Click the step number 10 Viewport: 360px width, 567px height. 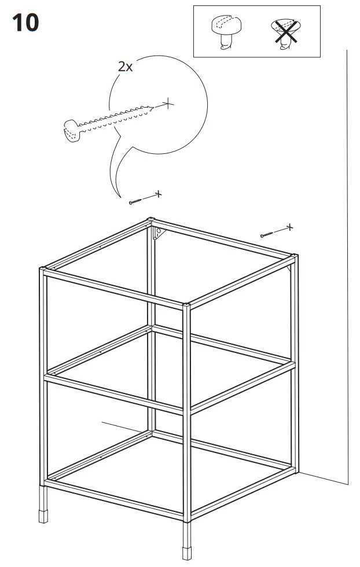pos(25,23)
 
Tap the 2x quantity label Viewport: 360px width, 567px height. pos(125,67)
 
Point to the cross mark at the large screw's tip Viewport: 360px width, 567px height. pos(167,104)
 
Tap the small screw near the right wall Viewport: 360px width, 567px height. pos(267,234)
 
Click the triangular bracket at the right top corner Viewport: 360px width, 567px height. pos(290,267)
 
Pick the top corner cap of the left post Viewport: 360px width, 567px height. pos(43,269)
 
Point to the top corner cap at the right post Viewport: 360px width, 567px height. pos(295,255)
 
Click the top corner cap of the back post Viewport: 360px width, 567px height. pos(151,220)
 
